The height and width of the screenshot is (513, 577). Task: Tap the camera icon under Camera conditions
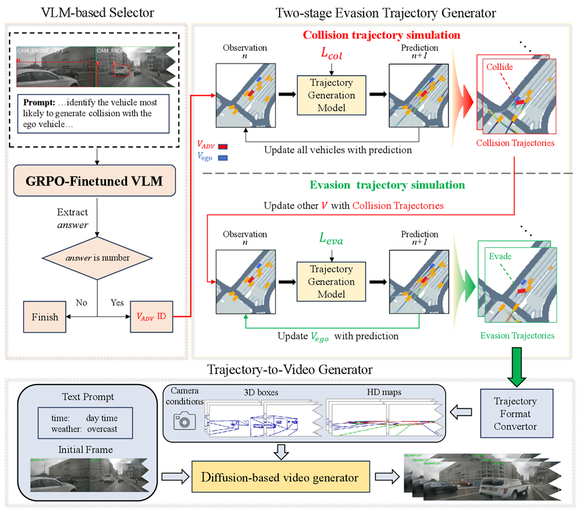click(184, 419)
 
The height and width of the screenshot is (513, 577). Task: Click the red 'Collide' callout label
click(499, 67)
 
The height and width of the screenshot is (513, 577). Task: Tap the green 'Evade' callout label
click(499, 256)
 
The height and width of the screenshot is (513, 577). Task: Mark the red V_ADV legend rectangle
click(224, 147)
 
